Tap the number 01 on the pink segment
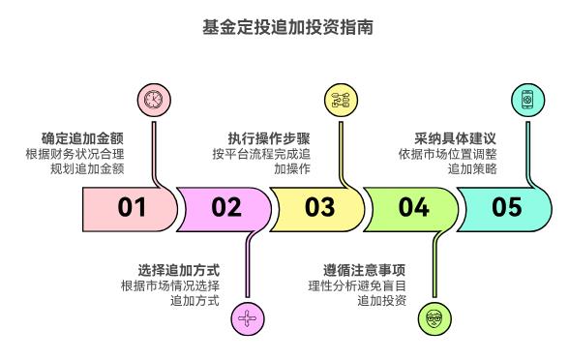click(132, 207)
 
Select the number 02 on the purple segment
click(225, 207)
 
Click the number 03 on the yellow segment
click(319, 207)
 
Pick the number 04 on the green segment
click(413, 207)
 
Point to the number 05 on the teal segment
click(506, 207)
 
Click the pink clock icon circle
click(152, 100)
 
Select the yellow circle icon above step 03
click(340, 100)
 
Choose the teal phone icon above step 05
click(526, 100)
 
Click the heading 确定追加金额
click(82, 138)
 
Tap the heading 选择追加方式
click(178, 269)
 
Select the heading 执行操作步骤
click(269, 138)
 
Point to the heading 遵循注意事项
click(364, 269)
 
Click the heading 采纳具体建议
click(456, 138)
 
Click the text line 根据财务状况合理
click(75, 154)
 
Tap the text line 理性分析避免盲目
click(356, 285)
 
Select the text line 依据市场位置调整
click(447, 154)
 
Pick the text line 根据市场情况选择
click(169, 285)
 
